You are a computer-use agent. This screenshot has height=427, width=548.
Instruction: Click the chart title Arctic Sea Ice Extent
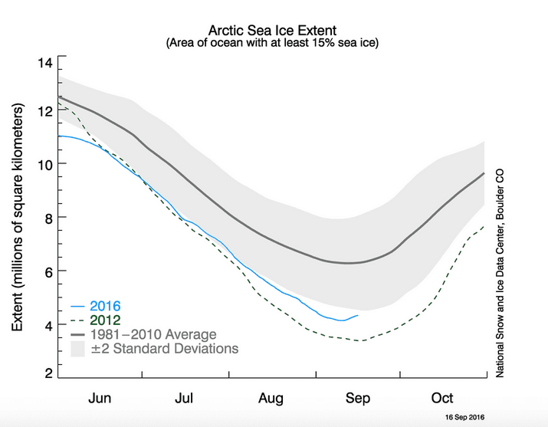click(x=272, y=31)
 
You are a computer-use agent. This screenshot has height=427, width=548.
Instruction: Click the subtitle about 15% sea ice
click(x=272, y=44)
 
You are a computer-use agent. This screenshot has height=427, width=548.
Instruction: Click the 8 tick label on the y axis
click(x=49, y=218)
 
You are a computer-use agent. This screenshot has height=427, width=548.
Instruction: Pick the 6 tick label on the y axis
click(x=49, y=271)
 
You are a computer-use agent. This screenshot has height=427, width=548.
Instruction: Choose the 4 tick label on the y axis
click(x=49, y=325)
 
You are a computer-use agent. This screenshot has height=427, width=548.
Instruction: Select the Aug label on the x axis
click(x=271, y=399)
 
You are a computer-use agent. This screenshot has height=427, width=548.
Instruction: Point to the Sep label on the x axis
click(x=358, y=399)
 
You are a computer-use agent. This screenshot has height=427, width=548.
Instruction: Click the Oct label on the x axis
click(x=442, y=399)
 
